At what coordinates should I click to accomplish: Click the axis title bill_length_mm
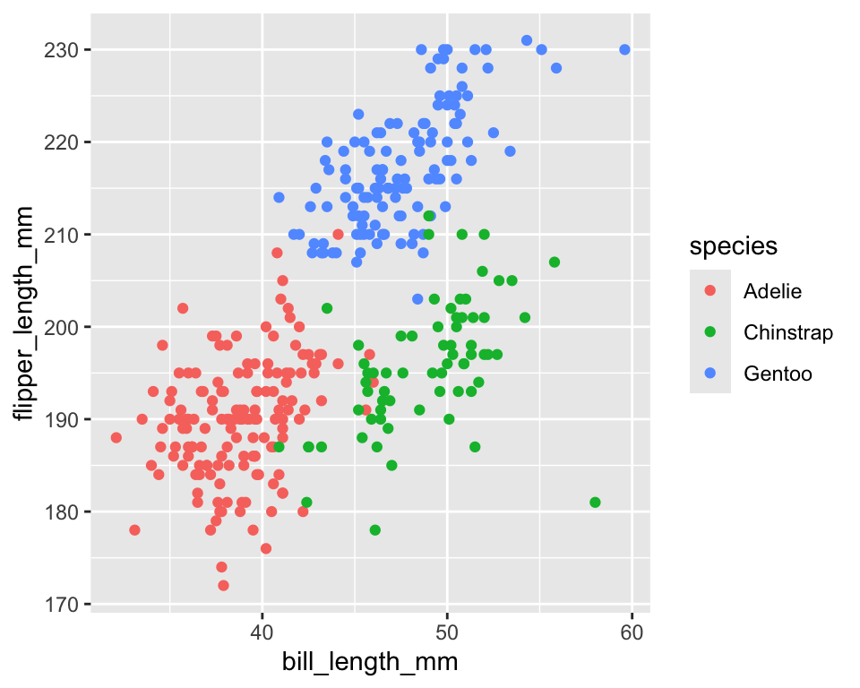[x=370, y=663]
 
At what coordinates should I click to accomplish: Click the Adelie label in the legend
[x=772, y=290]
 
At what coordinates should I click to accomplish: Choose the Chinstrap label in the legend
[x=788, y=332]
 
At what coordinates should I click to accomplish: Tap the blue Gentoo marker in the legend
[x=710, y=374]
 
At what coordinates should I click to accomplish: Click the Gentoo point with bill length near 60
[x=624, y=49]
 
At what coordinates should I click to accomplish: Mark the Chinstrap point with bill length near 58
[x=595, y=503]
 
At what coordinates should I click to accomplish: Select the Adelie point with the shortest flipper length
[x=223, y=585]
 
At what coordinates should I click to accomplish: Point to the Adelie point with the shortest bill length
[x=116, y=437]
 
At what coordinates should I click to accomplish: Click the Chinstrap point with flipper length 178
[x=375, y=530]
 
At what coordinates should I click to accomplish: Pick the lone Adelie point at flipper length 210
[x=338, y=234]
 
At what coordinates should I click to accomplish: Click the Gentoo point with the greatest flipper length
[x=527, y=40]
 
